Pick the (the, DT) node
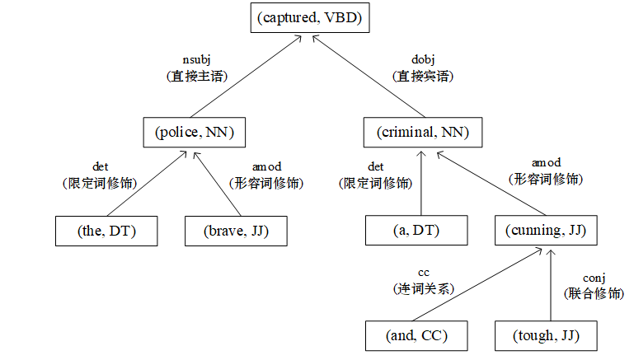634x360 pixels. [95, 231]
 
